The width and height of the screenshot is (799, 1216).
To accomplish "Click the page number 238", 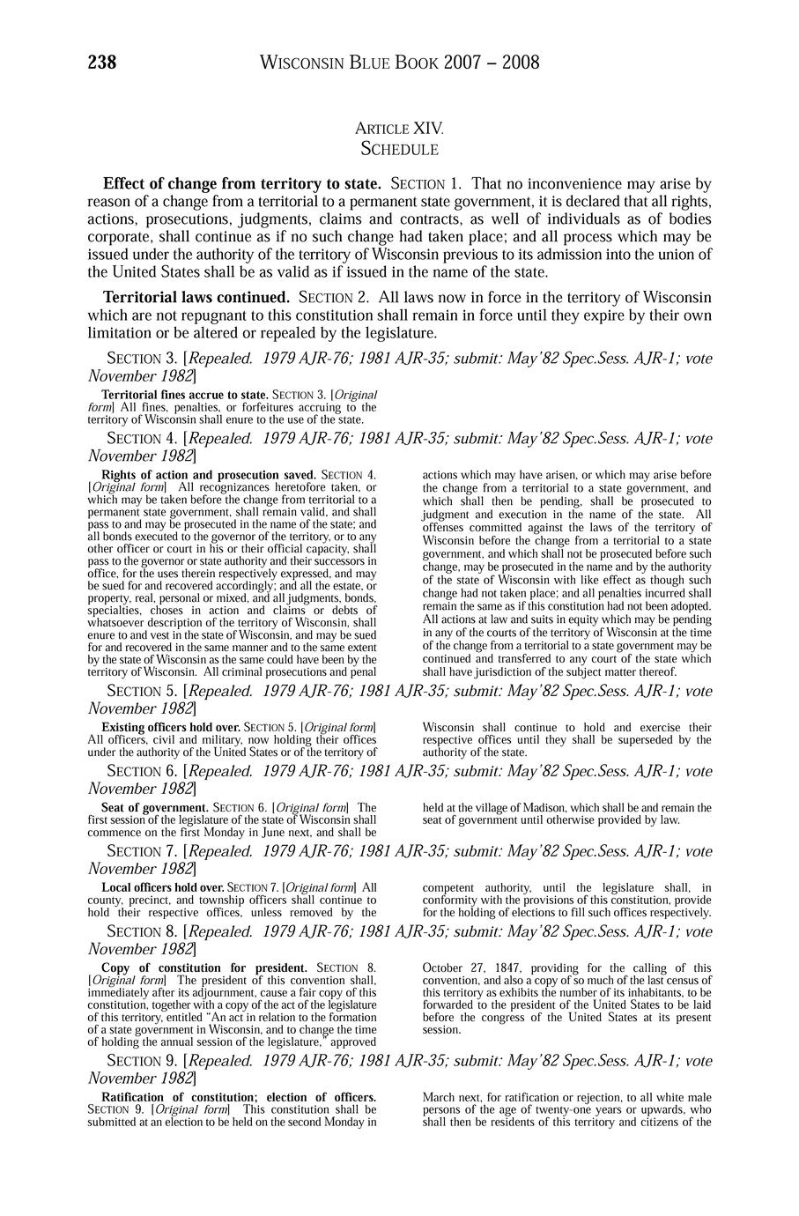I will pyautogui.click(x=102, y=63).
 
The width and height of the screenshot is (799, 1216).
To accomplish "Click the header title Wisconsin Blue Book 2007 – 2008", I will pyautogui.click(x=400, y=63).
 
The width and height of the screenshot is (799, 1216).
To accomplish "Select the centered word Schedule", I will pyautogui.click(x=400, y=150).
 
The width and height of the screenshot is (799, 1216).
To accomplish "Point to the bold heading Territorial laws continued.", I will pyautogui.click(x=196, y=298).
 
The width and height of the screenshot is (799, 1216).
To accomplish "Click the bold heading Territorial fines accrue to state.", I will pyautogui.click(x=185, y=395).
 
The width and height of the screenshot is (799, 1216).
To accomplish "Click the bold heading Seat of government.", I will pyautogui.click(x=155, y=807).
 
